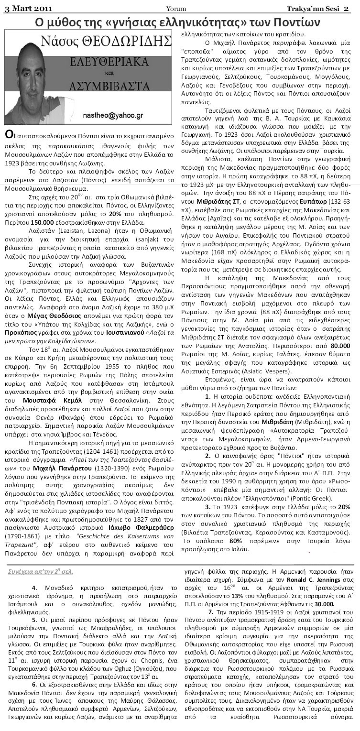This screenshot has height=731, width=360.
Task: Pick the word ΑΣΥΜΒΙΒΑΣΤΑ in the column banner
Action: click(122, 86)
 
